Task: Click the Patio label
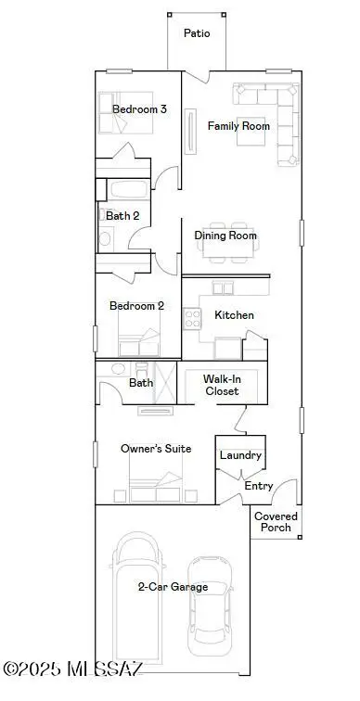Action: [196, 33]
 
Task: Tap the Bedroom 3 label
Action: [139, 109]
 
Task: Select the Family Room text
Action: [238, 126]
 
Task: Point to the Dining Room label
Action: [225, 236]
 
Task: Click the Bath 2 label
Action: [122, 215]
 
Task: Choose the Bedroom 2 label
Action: [136, 306]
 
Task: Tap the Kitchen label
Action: [234, 315]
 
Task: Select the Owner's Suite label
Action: [156, 449]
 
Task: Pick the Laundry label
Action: [240, 456]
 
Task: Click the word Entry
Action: [258, 486]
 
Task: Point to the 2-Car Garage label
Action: [173, 587]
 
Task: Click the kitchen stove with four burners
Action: [193, 319]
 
